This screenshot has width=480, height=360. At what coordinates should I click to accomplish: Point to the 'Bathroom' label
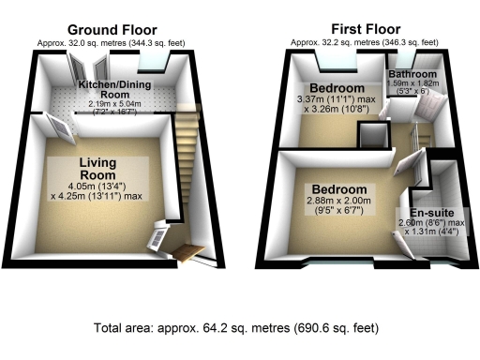tap(413, 74)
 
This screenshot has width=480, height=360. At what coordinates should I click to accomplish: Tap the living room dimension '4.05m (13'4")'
tap(97, 186)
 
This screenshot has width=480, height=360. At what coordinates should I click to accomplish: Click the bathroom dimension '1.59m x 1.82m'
tap(413, 83)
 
